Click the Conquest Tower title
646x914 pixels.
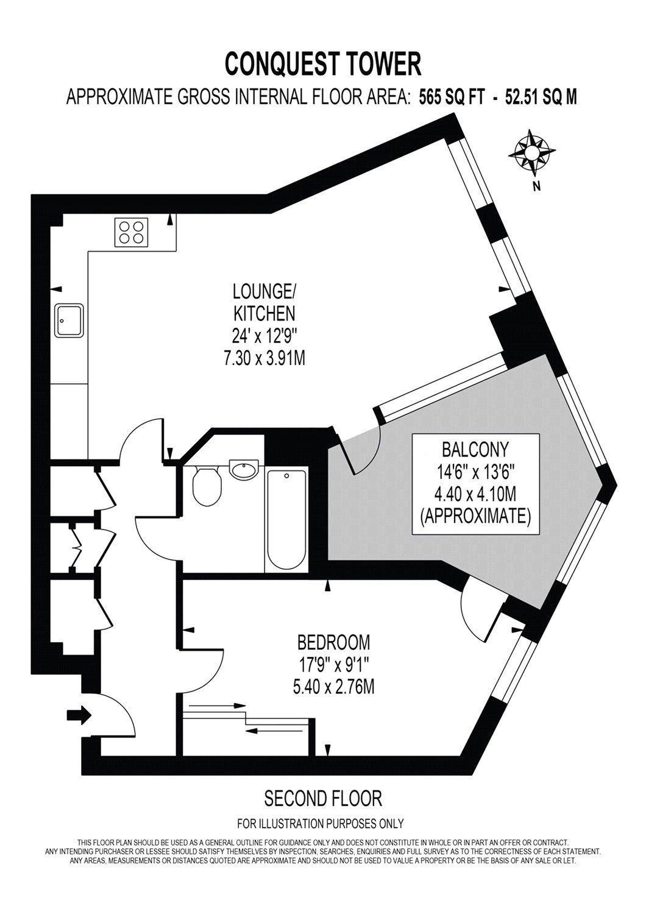(x=323, y=63)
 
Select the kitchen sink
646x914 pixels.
(x=71, y=321)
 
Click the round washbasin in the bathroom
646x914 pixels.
(x=244, y=470)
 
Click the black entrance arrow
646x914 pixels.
(x=79, y=714)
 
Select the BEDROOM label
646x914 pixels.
(x=333, y=642)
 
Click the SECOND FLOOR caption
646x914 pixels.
(x=322, y=798)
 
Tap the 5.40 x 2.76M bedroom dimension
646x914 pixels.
(x=333, y=687)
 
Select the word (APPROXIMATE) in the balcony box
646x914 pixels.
(x=476, y=517)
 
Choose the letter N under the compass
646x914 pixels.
(x=536, y=186)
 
